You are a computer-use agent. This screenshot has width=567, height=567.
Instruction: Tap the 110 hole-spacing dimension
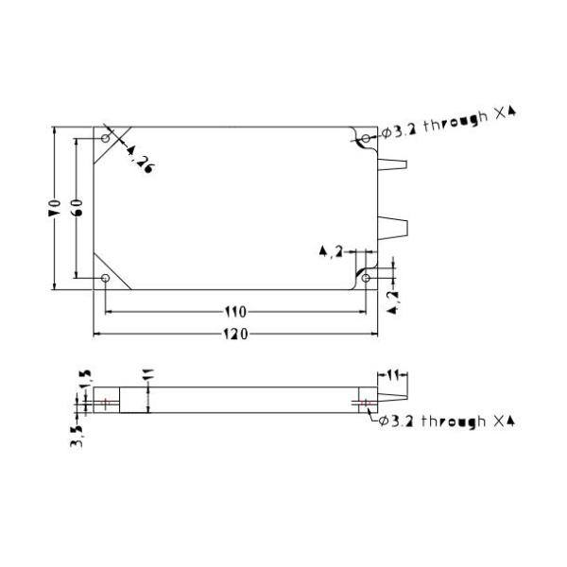235,312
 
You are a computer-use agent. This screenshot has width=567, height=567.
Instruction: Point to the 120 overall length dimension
235,334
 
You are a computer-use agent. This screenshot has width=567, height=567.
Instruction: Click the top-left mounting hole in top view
105,138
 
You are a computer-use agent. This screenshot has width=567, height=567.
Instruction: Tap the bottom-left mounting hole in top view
105,279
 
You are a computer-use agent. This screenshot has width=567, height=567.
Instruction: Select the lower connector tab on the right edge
392,227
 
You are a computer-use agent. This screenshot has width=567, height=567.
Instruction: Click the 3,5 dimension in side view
76,435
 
